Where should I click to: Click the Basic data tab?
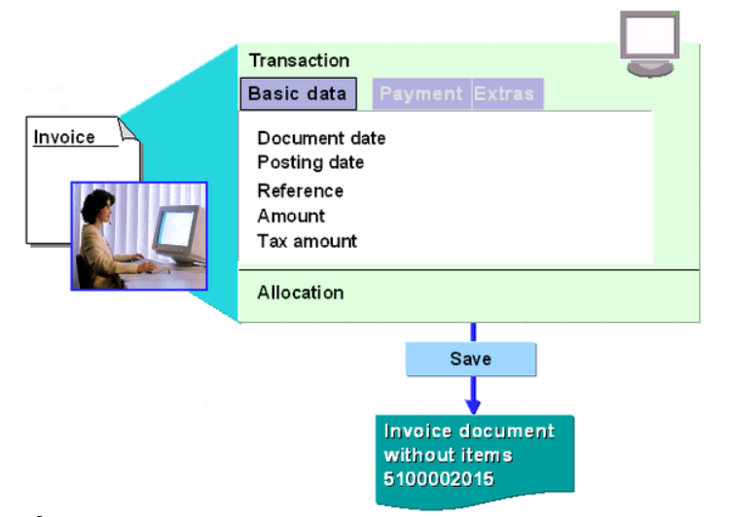[299, 94]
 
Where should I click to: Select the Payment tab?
[421, 94]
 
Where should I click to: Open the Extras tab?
[503, 94]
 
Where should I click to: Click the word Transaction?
[299, 61]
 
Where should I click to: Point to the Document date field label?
[321, 139]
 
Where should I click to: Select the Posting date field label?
[310, 161]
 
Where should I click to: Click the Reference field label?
[300, 190]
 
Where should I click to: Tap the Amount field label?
[291, 216]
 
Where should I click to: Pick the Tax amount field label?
[307, 241]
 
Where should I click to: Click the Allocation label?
[300, 293]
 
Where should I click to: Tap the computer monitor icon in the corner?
[649, 44]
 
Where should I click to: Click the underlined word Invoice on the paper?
[64, 137]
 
